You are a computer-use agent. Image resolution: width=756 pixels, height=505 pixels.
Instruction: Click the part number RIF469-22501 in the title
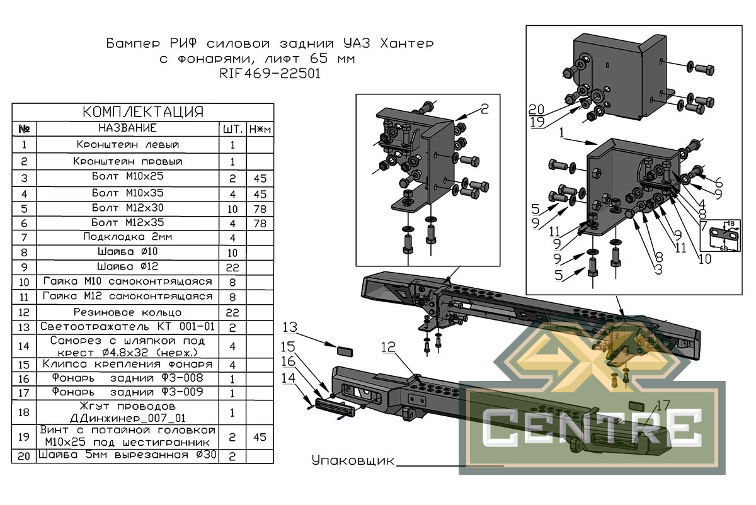pos(270,73)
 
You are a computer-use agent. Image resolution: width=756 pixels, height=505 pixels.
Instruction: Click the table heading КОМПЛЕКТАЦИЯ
pos(144,112)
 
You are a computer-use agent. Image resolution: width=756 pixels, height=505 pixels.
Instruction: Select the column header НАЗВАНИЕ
pos(127,128)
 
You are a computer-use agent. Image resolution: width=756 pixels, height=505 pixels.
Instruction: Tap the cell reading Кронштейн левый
pos(127,145)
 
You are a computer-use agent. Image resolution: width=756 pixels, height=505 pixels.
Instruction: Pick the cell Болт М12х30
pos(127,207)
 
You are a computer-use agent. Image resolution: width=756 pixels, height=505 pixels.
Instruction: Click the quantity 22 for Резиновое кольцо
pos(232,312)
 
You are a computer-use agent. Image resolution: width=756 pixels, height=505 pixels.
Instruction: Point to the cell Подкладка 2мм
pos(127,237)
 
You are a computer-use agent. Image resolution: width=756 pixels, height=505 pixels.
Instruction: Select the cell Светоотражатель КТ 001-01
pos(127,327)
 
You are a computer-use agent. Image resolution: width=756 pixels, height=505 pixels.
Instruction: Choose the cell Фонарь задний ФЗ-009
pos(127,393)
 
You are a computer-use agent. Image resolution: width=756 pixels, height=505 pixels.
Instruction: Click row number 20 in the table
pos(25,455)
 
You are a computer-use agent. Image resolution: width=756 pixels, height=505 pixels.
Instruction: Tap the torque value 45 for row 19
pos(260,436)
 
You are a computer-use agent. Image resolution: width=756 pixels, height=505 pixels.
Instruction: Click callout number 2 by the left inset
pos(483,109)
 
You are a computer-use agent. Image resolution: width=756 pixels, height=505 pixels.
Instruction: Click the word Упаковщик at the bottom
pos(353,460)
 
